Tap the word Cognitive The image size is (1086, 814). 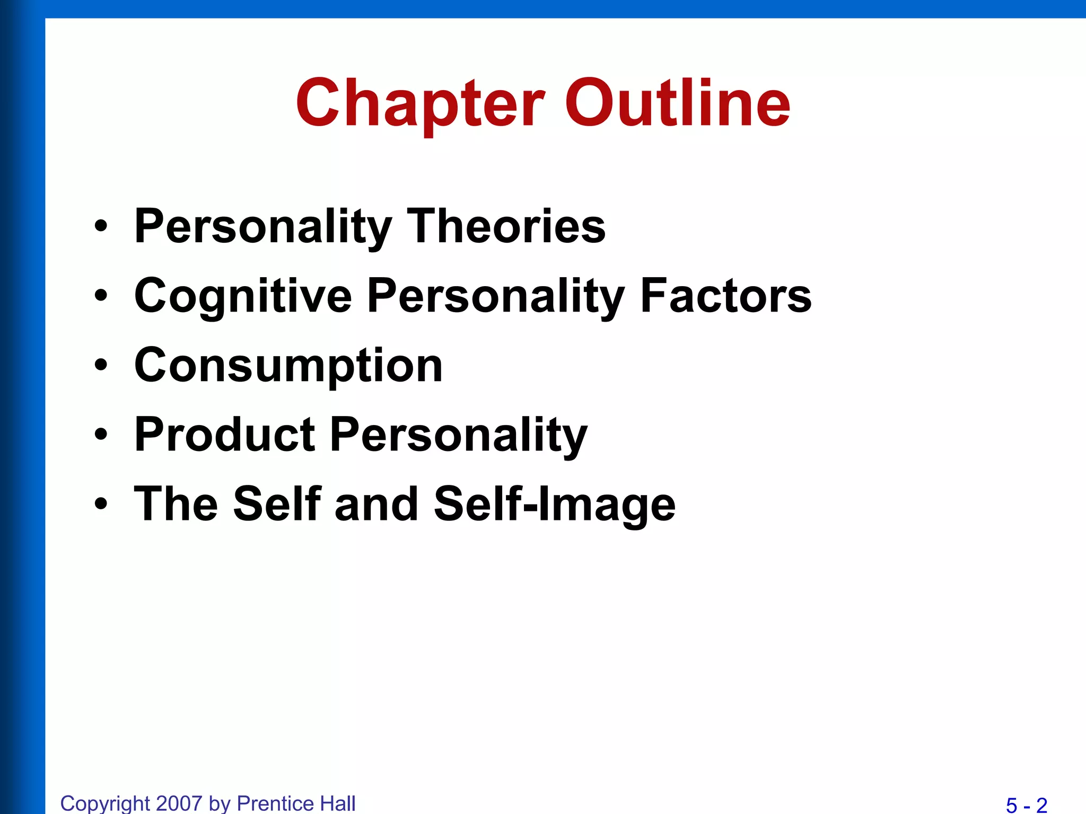(x=243, y=297)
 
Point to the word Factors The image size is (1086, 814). (x=725, y=296)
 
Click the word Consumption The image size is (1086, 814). (x=288, y=366)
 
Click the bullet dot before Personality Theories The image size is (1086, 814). (x=101, y=227)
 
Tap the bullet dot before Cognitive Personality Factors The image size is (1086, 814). (x=101, y=296)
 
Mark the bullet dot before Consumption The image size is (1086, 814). (x=101, y=366)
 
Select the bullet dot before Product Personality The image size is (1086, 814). (x=101, y=435)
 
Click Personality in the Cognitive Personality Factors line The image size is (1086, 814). (x=495, y=297)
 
